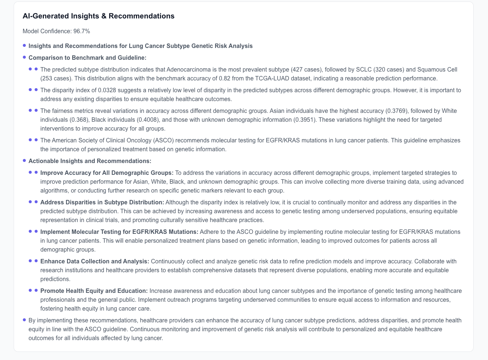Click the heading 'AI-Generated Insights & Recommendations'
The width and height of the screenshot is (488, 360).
pyautogui.click(x=98, y=16)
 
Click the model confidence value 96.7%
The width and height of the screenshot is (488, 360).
pyautogui.click(x=81, y=31)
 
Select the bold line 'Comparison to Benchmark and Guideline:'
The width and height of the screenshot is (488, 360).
pyautogui.click(x=87, y=58)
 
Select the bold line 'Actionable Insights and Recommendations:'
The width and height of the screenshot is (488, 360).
pyautogui.click(x=90, y=161)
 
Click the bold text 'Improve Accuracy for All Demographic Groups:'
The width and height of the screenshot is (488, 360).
pyautogui.click(x=107, y=173)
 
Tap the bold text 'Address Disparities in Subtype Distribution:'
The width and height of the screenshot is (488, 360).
pyautogui.click(x=102, y=202)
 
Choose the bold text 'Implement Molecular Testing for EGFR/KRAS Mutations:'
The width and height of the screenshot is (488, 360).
pyautogui.click(x=119, y=232)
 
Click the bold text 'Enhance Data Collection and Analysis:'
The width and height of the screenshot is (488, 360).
pyautogui.click(x=95, y=262)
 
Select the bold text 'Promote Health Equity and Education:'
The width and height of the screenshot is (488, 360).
pyautogui.click(x=94, y=291)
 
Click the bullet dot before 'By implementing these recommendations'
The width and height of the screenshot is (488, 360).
pyautogui.click(x=24, y=320)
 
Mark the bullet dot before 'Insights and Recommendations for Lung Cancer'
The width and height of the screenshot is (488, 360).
pyautogui.click(x=24, y=46)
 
